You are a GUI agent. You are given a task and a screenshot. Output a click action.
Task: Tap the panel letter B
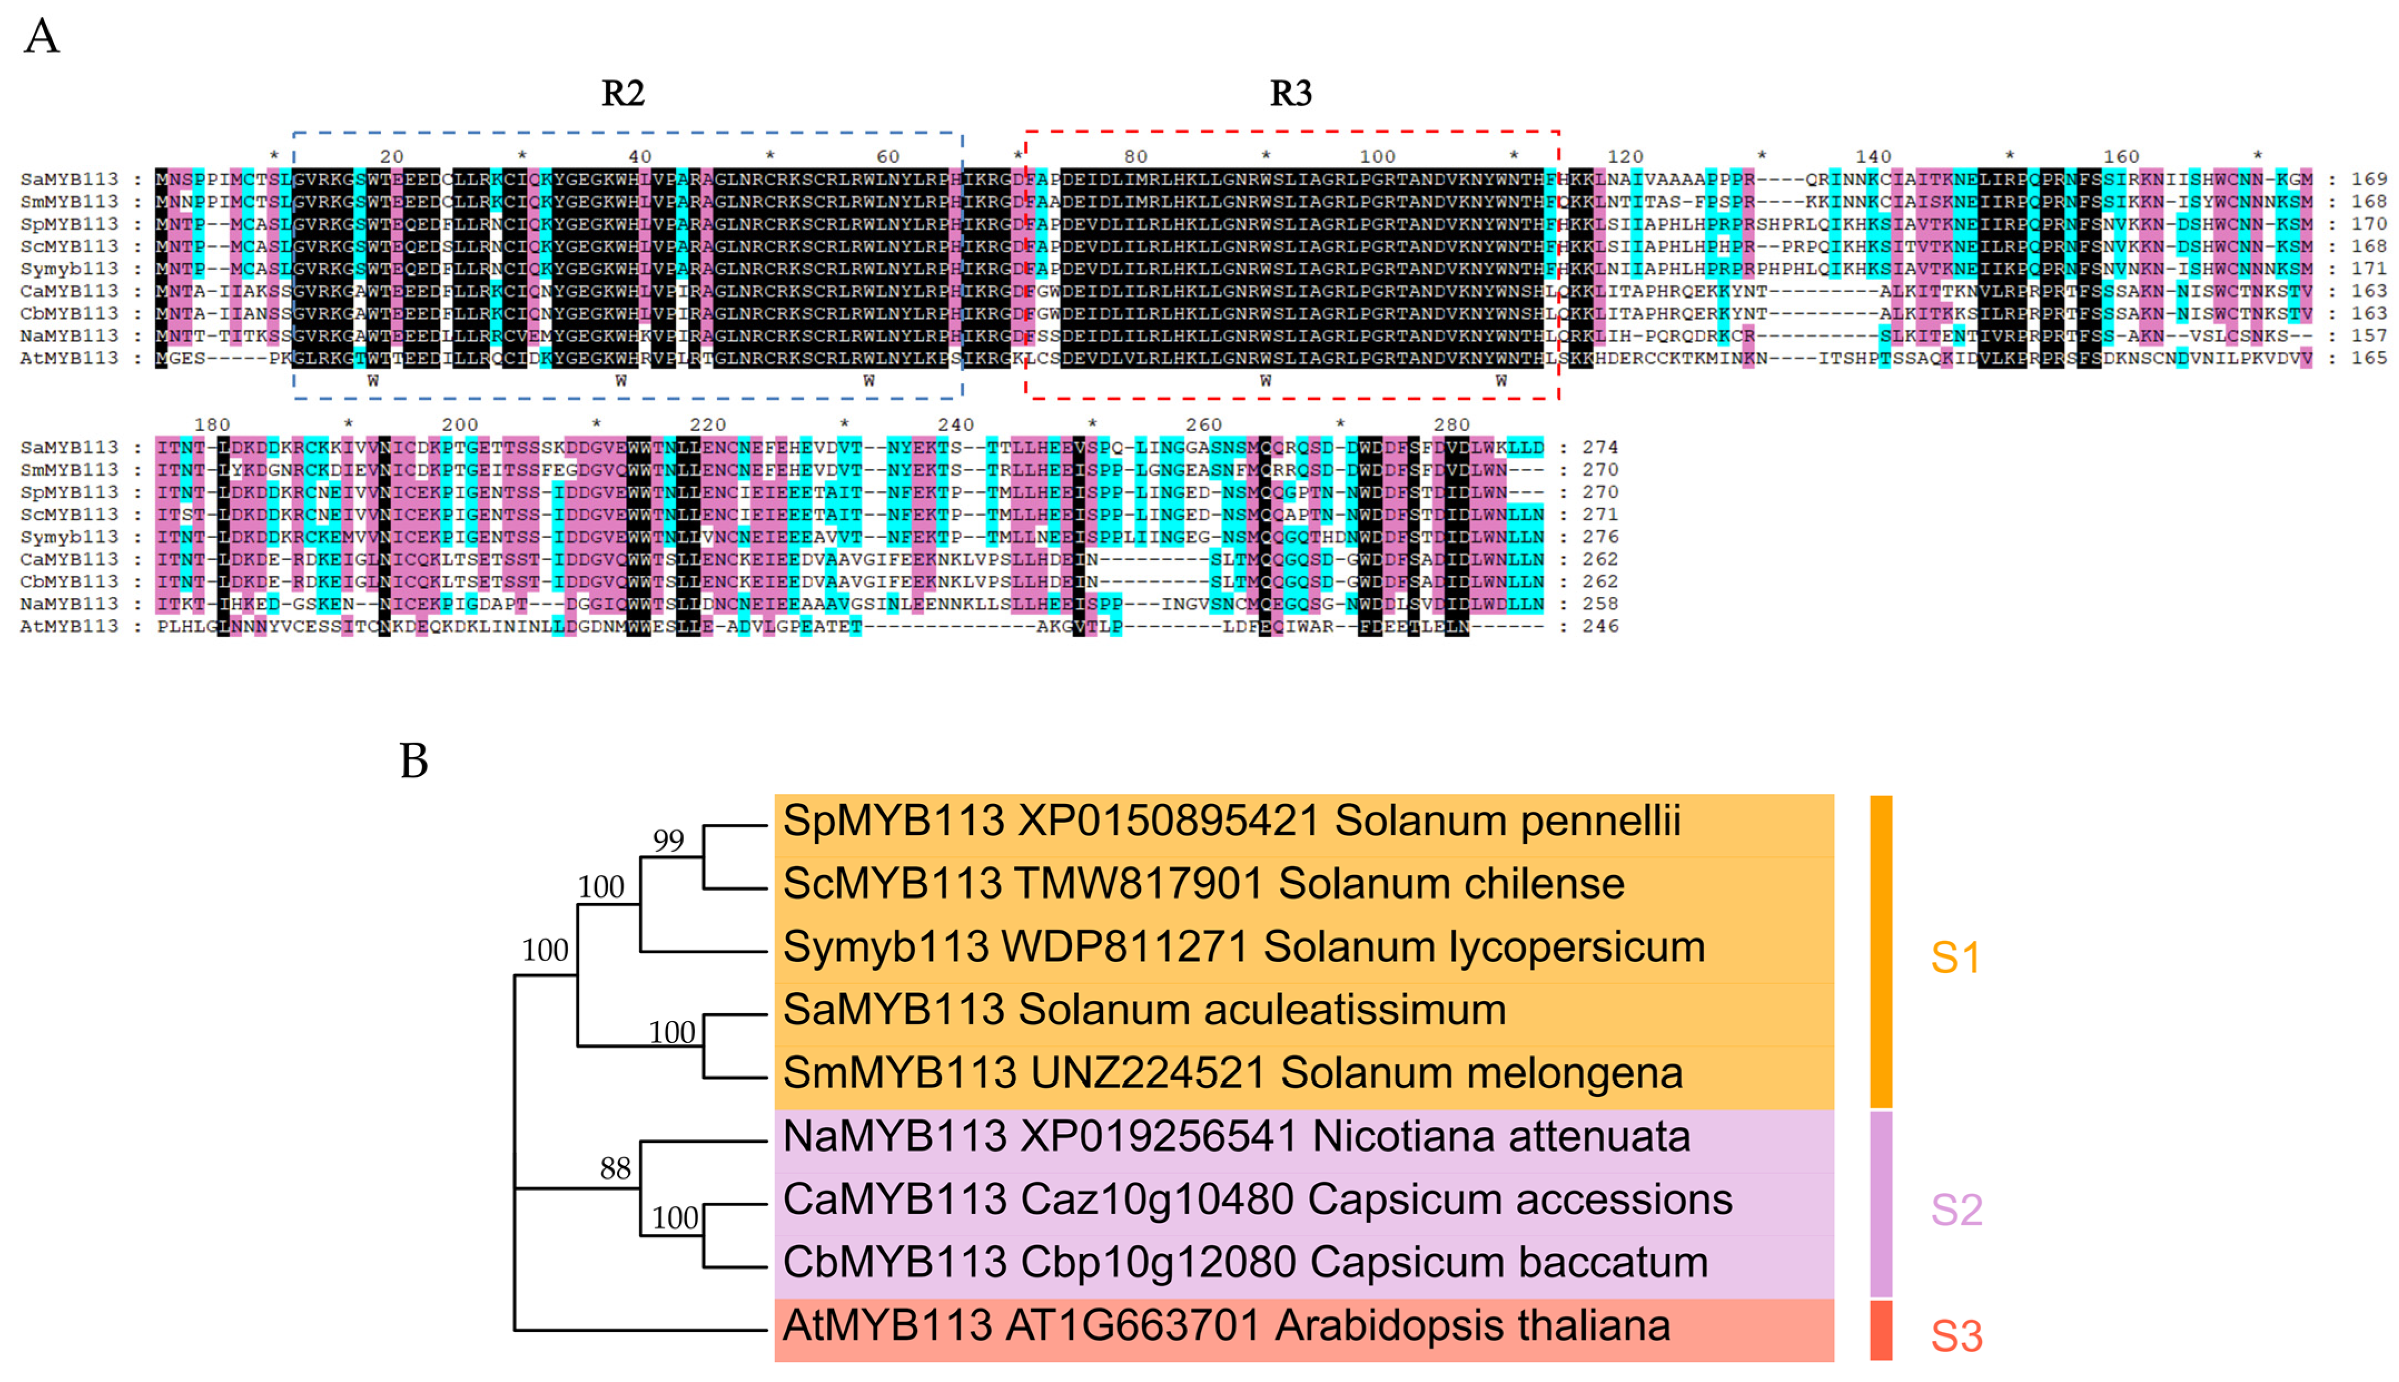[x=414, y=761]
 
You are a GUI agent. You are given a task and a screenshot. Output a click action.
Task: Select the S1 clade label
[x=1955, y=957]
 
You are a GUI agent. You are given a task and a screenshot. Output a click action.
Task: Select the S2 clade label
[x=1956, y=1210]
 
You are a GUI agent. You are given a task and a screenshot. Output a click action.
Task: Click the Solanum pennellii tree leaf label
[x=1231, y=821]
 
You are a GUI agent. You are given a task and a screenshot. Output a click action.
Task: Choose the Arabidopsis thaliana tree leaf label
[x=1225, y=1326]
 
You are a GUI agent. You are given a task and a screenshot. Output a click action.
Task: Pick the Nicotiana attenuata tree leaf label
[x=1235, y=1136]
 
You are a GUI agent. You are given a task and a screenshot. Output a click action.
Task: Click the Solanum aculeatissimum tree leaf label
[x=1144, y=1010]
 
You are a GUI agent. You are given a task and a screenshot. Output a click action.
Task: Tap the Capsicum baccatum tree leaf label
[x=1244, y=1262]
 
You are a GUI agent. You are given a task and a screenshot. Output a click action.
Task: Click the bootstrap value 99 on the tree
[x=668, y=840]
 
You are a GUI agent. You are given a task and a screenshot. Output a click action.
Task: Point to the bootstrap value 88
[x=615, y=1168]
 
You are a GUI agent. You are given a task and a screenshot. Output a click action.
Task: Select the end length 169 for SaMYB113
[x=2368, y=179]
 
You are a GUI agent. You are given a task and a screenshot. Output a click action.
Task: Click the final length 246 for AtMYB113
[x=1600, y=626]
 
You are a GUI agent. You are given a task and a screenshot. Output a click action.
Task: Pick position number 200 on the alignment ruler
[x=459, y=425]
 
